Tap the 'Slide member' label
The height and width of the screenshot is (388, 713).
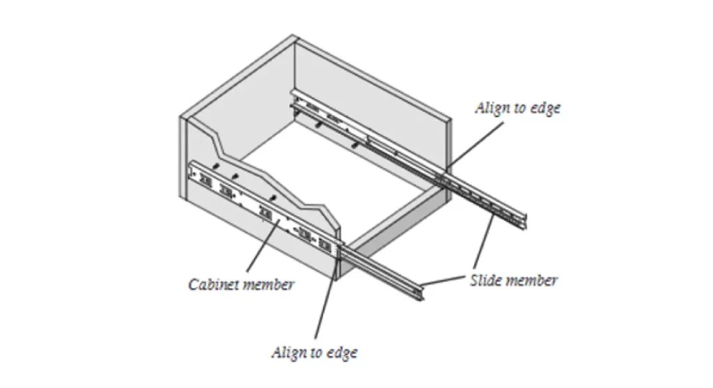point(513,281)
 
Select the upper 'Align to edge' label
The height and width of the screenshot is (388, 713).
point(517,109)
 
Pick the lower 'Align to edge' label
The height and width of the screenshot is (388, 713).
point(314,352)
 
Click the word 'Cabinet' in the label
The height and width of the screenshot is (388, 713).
point(214,284)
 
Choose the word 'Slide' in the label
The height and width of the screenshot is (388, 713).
point(485,281)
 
